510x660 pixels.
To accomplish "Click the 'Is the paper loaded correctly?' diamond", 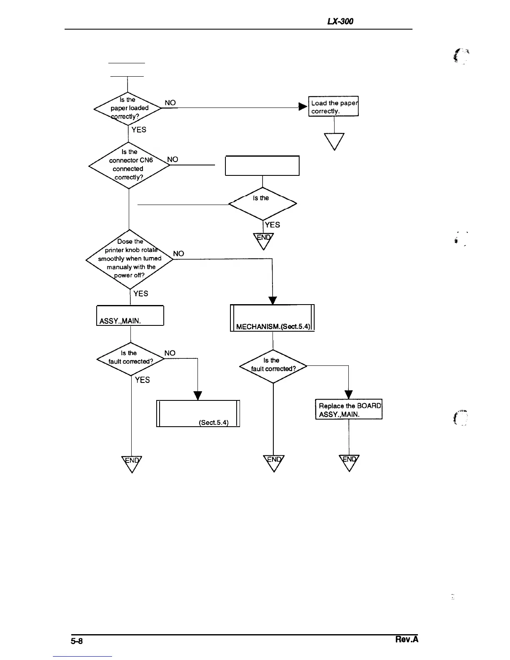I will [127, 108].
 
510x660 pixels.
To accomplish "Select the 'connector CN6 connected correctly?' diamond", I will [129, 165].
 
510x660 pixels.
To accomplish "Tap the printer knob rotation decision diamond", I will [129, 259].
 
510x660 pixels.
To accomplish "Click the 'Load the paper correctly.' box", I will [333, 107].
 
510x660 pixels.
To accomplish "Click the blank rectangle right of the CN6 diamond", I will [262, 166].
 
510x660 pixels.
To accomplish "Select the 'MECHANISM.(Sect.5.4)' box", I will [272, 318].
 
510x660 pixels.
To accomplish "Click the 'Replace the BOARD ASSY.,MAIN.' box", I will [349, 410].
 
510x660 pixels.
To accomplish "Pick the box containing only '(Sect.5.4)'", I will [198, 413].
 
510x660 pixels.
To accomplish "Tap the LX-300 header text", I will [340, 21].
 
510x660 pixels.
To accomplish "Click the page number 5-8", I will [77, 641].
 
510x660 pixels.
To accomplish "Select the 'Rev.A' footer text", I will [407, 640].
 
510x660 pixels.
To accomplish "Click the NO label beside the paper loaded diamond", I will [170, 103].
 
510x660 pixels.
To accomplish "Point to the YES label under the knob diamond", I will [141, 294].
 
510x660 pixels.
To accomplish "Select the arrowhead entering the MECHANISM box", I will [272, 300].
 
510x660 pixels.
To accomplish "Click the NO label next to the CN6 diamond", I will [172, 160].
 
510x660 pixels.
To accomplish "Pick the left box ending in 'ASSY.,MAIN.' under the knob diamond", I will [130, 315].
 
